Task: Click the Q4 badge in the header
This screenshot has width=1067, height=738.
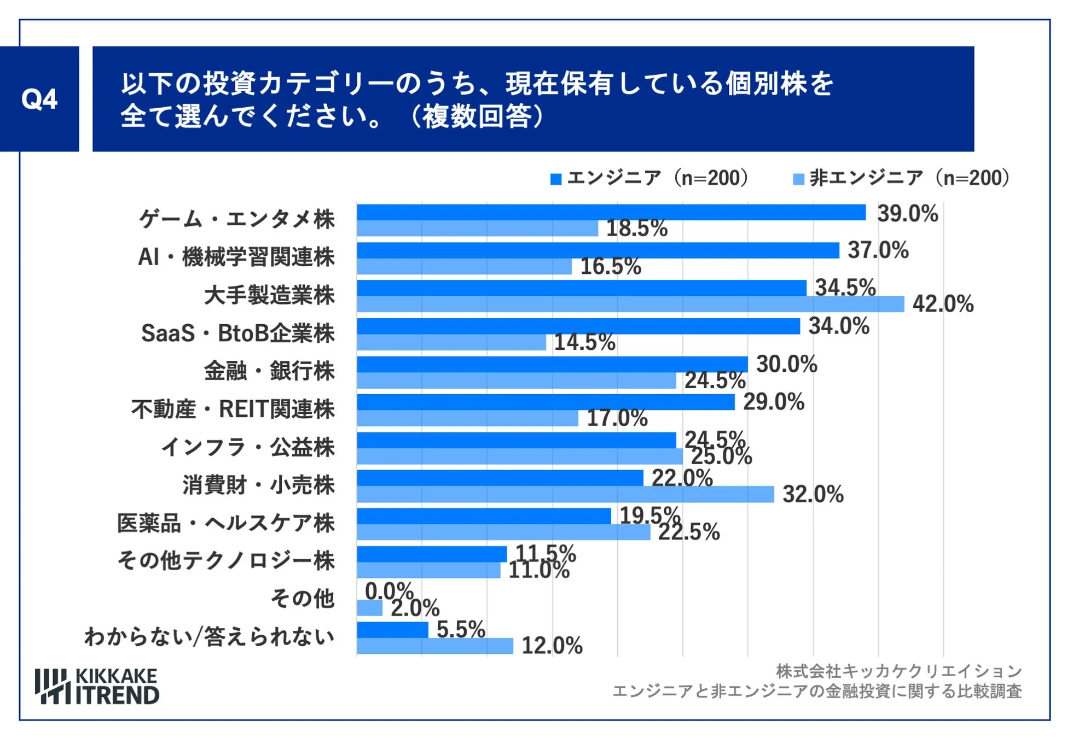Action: click(x=39, y=99)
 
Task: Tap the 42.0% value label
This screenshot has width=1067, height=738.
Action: click(x=942, y=304)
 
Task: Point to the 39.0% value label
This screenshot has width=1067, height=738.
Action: click(x=907, y=213)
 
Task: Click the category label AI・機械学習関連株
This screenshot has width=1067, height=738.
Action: click(x=236, y=257)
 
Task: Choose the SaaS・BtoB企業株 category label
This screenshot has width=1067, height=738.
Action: click(x=237, y=333)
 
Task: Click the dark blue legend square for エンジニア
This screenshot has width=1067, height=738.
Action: click(x=555, y=179)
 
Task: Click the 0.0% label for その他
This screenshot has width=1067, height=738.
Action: click(x=388, y=591)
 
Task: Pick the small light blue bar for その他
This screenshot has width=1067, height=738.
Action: click(x=369, y=608)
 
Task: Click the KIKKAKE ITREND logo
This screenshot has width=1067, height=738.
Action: click(x=97, y=686)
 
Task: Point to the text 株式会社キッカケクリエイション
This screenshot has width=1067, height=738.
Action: click(x=898, y=671)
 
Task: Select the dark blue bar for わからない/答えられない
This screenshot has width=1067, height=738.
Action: click(x=392, y=630)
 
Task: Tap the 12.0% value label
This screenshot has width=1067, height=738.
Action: click(x=552, y=646)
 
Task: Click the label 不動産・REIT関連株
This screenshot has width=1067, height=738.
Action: click(x=233, y=409)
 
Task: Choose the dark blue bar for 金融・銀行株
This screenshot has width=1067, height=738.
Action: click(x=552, y=364)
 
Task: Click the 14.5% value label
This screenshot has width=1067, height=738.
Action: click(x=584, y=342)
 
